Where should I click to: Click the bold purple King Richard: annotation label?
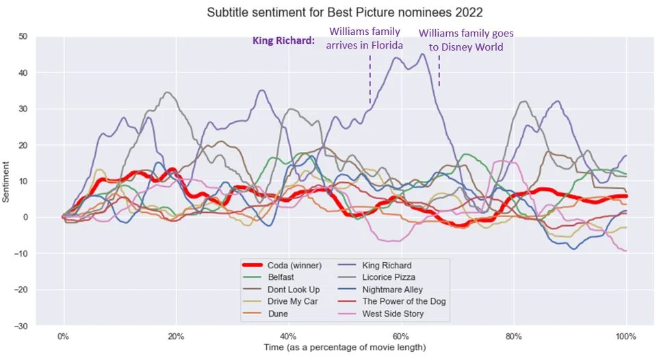point(283,41)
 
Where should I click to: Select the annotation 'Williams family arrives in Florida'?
point(365,38)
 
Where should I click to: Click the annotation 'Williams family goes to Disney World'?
point(465,40)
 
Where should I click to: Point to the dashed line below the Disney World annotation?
point(439,70)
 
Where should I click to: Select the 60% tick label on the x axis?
point(400,337)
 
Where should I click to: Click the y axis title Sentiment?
point(7,181)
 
